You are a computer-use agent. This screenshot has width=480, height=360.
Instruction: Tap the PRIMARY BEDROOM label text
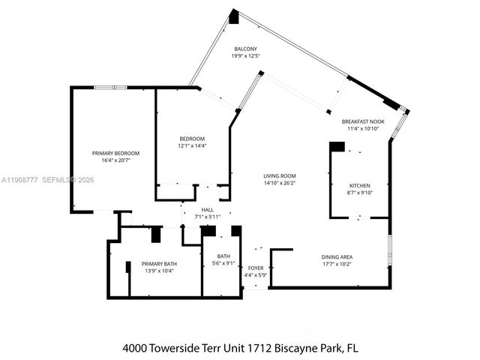115,153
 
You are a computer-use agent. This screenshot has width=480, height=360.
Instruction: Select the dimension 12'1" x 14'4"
192,145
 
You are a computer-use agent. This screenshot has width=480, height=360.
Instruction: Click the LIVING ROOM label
279,175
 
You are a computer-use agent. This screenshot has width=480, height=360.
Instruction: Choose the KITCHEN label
359,185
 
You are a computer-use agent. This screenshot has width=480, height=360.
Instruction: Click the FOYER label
256,268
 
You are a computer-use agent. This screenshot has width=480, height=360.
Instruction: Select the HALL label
208,210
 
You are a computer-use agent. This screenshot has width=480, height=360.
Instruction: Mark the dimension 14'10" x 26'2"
279,182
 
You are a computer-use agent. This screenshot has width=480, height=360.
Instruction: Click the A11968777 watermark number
19,180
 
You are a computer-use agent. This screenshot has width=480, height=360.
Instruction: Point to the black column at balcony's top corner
234,16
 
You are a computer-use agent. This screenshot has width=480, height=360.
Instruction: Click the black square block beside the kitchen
337,147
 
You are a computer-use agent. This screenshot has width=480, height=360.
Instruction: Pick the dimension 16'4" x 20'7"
115,160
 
